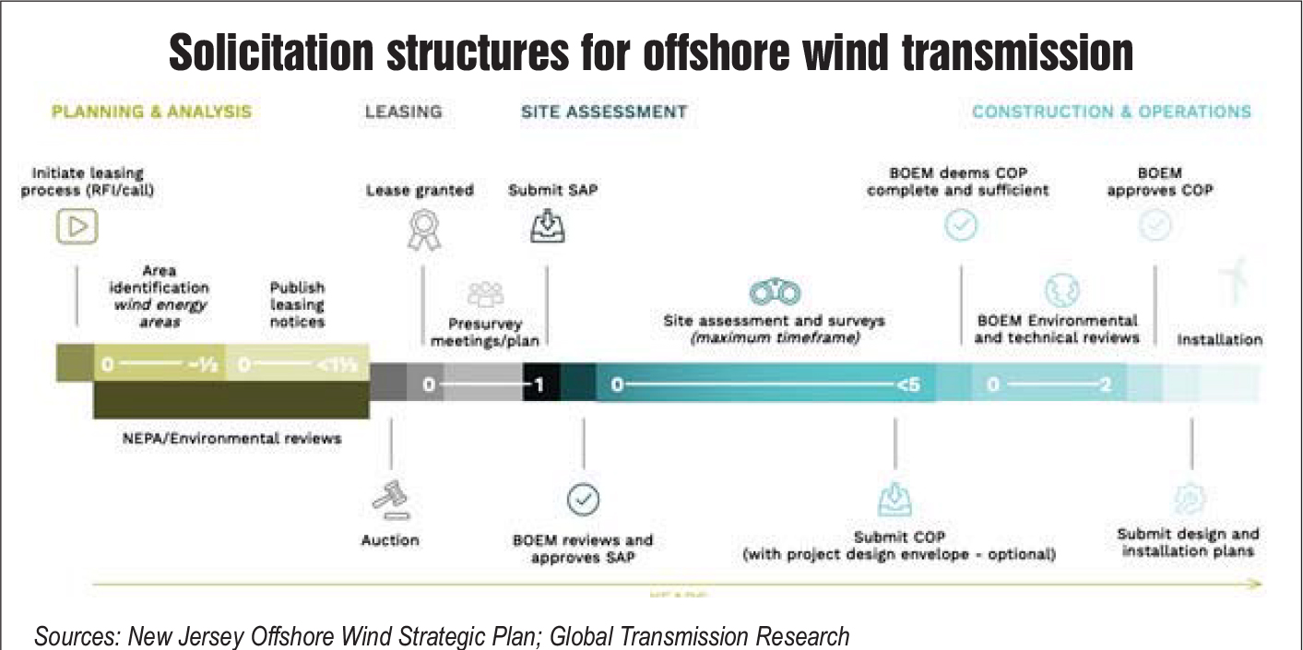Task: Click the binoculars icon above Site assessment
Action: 774,292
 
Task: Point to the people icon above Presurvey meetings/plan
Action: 485,295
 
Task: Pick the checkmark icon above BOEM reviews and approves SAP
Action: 583,499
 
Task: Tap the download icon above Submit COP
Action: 894,501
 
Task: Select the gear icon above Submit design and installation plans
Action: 1188,499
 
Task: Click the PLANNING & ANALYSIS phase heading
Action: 151,112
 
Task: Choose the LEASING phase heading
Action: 403,112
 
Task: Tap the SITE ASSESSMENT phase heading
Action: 604,112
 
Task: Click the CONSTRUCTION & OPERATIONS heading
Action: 1111,112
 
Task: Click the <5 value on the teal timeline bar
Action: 907,384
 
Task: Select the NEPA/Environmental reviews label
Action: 231,438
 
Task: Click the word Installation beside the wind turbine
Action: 1219,339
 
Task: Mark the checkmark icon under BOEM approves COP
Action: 1156,227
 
